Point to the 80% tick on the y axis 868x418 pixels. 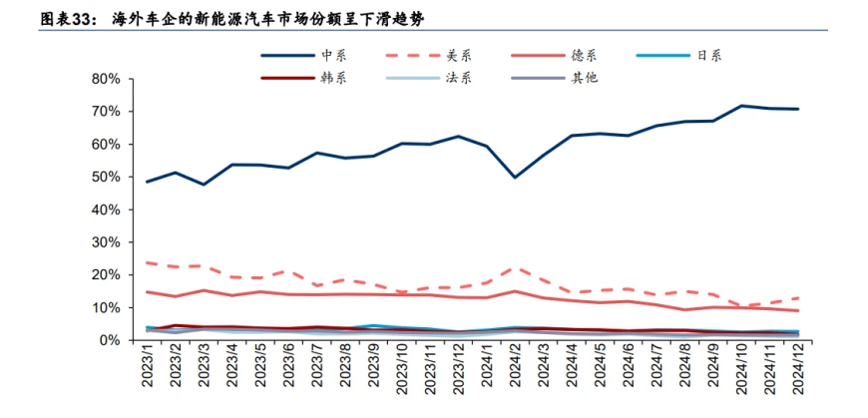click(x=106, y=79)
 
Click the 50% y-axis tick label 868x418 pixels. click(x=106, y=177)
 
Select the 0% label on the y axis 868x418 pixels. click(x=110, y=340)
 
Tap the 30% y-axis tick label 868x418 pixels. click(x=106, y=242)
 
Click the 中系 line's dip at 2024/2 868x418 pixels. click(x=515, y=177)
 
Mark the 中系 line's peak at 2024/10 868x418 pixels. click(x=741, y=106)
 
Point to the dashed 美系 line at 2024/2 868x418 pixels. click(x=515, y=267)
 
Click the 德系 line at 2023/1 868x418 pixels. click(x=148, y=291)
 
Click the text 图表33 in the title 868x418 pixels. click(x=34, y=19)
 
